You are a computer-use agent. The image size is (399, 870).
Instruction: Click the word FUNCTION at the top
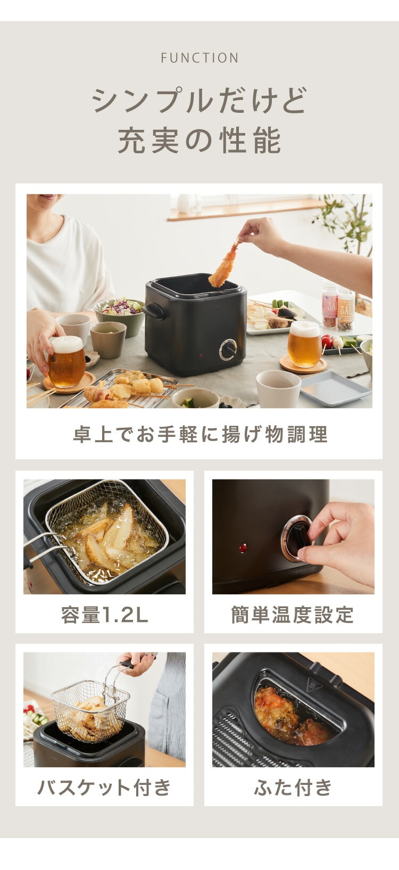(x=199, y=58)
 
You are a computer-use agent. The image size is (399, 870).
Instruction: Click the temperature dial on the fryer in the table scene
(x=228, y=350)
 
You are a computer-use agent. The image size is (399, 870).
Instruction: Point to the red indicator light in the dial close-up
(x=243, y=548)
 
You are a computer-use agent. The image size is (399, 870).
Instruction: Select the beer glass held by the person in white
(x=66, y=362)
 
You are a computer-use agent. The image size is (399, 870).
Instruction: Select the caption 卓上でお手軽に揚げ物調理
(x=200, y=434)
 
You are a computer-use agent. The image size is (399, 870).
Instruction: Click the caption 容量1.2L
(x=104, y=615)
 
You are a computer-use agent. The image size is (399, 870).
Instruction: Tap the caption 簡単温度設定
(x=293, y=615)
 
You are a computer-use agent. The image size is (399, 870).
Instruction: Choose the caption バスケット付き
(x=104, y=788)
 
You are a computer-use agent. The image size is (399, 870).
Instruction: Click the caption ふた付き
(x=293, y=788)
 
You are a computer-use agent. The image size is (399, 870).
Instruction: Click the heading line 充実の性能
(x=199, y=140)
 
